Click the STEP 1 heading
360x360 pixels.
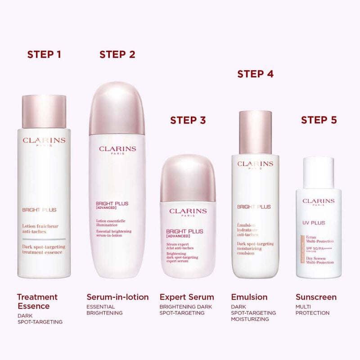pos(44,54)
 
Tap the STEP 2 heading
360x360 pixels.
pos(117,54)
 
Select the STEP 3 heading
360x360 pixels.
pos(188,120)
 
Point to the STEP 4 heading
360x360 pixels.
pos(256,74)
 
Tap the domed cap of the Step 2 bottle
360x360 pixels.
pos(117,108)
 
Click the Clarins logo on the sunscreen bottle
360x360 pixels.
pos(319,201)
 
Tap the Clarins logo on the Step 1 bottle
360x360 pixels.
pos(44,141)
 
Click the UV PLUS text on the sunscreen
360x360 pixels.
pos(314,223)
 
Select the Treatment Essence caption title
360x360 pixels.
pos(37,301)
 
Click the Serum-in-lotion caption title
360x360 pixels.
pos(117,297)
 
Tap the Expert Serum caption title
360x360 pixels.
pos(187,297)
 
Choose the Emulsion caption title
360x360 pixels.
pos(249,297)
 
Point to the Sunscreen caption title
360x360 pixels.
pos(316,297)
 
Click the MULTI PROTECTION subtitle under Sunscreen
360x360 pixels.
pos(313,310)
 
